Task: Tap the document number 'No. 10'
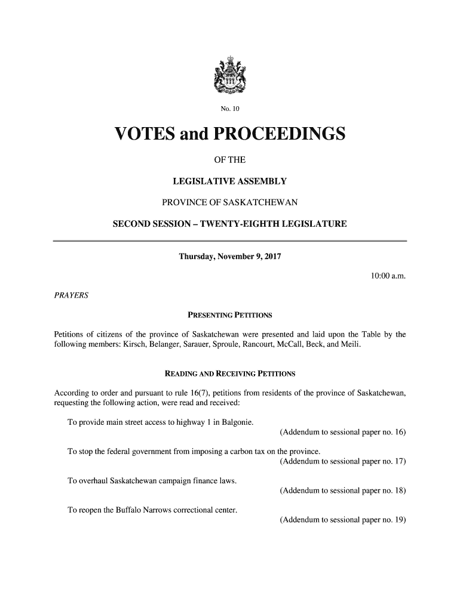pyautogui.click(x=230, y=109)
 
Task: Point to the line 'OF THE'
pyautogui.click(x=230, y=161)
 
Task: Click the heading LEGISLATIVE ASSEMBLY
pyautogui.click(x=230, y=181)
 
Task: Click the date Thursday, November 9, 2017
pyautogui.click(x=230, y=257)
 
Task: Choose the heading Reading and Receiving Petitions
pyautogui.click(x=230, y=374)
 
